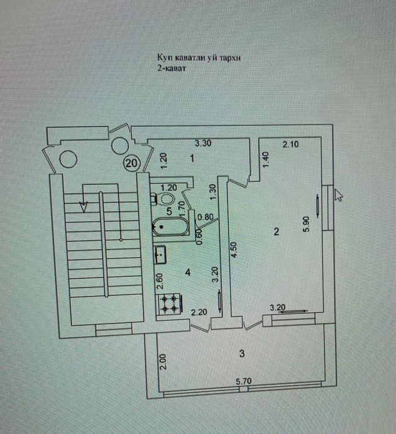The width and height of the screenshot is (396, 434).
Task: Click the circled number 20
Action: (x=131, y=163)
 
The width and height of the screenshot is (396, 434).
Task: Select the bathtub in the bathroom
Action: (x=170, y=227)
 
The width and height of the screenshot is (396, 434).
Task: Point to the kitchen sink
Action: (x=160, y=255)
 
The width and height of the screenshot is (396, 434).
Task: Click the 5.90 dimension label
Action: (x=306, y=224)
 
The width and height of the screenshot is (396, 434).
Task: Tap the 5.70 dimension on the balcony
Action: (x=244, y=381)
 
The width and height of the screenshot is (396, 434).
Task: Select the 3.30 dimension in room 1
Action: (x=203, y=143)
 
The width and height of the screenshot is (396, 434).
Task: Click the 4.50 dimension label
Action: (x=234, y=250)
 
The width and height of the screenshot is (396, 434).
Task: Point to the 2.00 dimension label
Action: (x=163, y=361)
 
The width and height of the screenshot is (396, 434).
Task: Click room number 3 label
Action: (x=242, y=353)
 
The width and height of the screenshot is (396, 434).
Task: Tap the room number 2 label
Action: (x=276, y=232)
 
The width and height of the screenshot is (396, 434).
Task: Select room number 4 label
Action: (x=188, y=273)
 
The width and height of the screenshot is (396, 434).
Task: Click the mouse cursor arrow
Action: (x=338, y=195)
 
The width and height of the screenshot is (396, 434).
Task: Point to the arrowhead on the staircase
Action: (x=83, y=207)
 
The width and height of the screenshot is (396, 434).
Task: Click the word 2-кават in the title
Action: (x=172, y=68)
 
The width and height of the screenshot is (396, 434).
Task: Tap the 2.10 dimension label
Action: (x=290, y=144)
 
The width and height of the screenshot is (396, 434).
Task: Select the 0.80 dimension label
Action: (x=205, y=217)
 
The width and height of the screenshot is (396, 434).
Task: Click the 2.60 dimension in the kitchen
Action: (x=160, y=281)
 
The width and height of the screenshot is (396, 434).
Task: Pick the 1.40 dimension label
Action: (x=265, y=160)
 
